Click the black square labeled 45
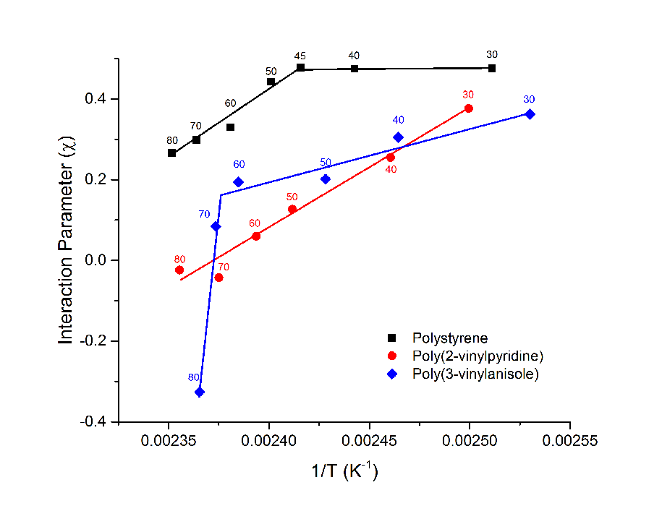[x=300, y=68]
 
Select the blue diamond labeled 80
[x=200, y=392]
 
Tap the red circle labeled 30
[x=469, y=108]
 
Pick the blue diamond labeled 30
[x=530, y=114]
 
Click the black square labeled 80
[x=172, y=153]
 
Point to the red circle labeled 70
[x=219, y=278]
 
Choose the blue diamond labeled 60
[x=239, y=182]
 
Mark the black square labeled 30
[x=492, y=68]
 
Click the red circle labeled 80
[x=179, y=270]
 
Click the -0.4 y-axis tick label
[x=97, y=421]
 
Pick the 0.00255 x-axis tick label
[x=570, y=439]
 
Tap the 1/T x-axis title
[x=344, y=471]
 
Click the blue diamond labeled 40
[x=399, y=137]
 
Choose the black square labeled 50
[x=271, y=82]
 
